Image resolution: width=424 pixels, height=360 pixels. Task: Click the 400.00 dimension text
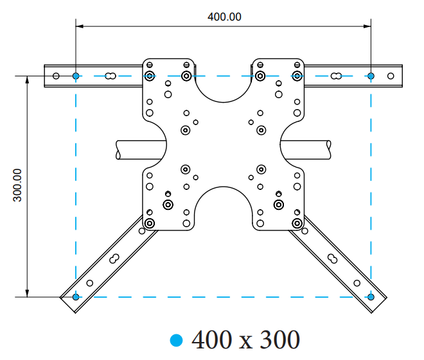[224, 17]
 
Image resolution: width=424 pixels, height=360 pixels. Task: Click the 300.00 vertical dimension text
[17, 185]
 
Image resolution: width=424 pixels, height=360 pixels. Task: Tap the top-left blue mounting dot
[76, 76]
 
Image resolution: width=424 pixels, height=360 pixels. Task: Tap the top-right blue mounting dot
[371, 76]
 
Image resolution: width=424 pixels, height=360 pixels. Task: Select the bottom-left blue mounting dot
[76, 296]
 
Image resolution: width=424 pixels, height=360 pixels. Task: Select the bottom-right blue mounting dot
[371, 296]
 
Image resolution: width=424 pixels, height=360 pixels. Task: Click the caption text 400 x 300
[245, 339]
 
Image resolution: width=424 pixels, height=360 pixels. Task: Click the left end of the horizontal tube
[120, 150]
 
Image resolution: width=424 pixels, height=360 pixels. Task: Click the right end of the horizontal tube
[328, 150]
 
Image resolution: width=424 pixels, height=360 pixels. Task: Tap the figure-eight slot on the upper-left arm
[111, 76]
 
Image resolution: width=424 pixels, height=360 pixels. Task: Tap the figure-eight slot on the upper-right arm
[335, 76]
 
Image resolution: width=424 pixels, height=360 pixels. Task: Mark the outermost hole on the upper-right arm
[391, 76]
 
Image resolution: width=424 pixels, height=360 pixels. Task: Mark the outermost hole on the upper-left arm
[56, 76]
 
